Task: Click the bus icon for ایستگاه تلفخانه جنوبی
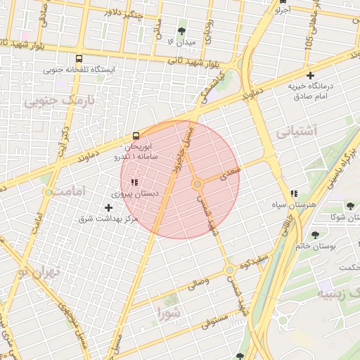pyautogui.click(x=78, y=59)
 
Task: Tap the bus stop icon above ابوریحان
pyautogui.click(x=134, y=136)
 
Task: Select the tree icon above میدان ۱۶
pyautogui.click(x=183, y=31)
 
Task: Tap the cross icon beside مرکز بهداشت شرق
pyautogui.click(x=108, y=207)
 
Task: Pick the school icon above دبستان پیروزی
pyautogui.click(x=134, y=182)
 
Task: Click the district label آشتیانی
pyautogui.click(x=297, y=131)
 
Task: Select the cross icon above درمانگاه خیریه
pyautogui.click(x=310, y=75)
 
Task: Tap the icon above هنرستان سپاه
pyautogui.click(x=294, y=193)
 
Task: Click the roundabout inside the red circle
pyautogui.click(x=198, y=184)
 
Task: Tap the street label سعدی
pyautogui.click(x=230, y=172)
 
